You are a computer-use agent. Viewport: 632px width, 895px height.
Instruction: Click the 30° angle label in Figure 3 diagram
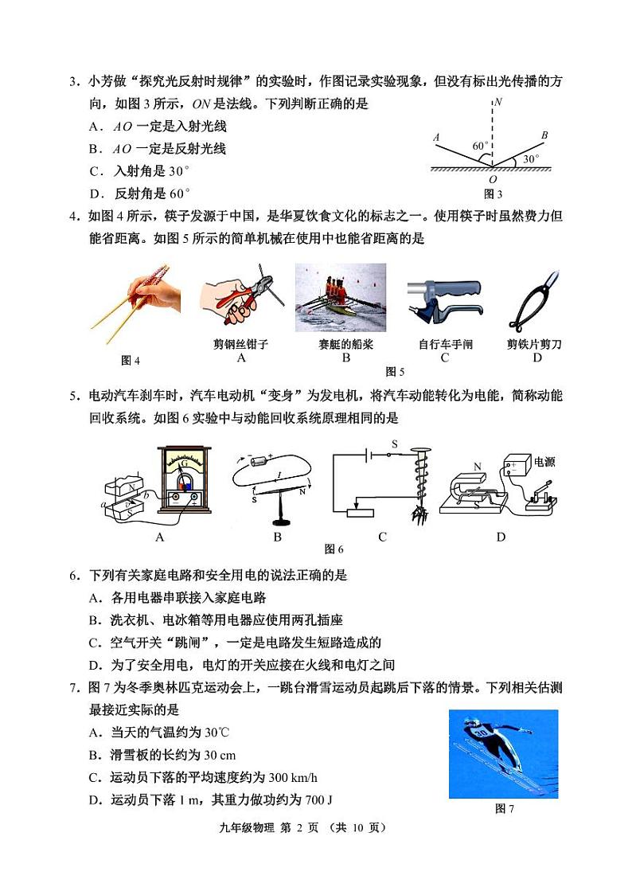(x=531, y=159)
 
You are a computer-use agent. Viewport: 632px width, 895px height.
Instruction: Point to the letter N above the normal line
(x=497, y=103)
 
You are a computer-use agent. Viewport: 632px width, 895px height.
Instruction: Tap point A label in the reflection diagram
(x=436, y=138)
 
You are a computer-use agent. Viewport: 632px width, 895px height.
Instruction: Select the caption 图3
(x=494, y=193)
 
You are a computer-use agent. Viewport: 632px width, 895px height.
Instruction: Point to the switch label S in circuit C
(x=393, y=444)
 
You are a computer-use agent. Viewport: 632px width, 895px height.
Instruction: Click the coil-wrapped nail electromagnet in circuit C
(x=417, y=486)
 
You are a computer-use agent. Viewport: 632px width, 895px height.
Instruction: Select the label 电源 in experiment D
(x=546, y=461)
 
